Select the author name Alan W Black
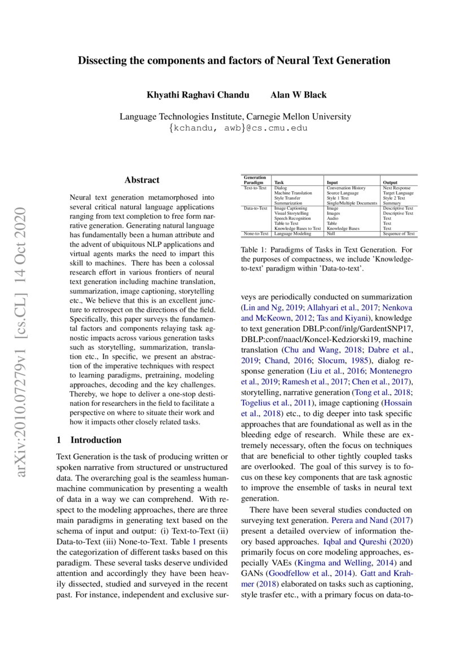[x=298, y=95]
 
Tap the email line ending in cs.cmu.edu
[x=234, y=128]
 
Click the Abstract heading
[x=142, y=180]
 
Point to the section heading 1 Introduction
[x=89, y=440]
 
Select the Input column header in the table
[x=332, y=183]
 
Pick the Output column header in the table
[x=390, y=183]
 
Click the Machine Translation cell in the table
[x=293, y=193]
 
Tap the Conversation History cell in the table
[x=346, y=188]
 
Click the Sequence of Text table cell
[x=399, y=233]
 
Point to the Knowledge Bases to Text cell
[x=297, y=228]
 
